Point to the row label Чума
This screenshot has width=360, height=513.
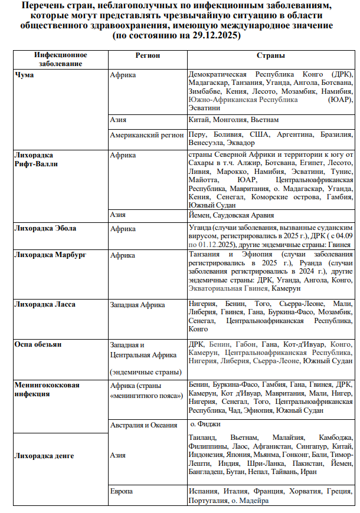coord(24,75)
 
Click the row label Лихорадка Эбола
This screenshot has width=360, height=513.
coord(45,228)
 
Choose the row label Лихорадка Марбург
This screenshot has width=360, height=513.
coord(49,255)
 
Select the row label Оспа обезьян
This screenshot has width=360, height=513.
coord(38,344)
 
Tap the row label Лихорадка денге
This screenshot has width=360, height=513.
coord(44,455)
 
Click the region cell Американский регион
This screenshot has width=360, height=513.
coord(147,135)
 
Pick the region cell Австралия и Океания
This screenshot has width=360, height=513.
coord(143,425)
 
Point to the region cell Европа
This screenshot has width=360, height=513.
coord(122,491)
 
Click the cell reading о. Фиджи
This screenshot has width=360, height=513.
coord(207,424)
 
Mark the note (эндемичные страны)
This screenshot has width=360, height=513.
coord(145,372)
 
